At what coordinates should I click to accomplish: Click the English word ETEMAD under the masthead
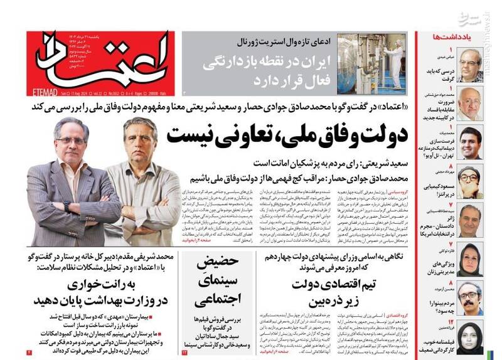point(43,92)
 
